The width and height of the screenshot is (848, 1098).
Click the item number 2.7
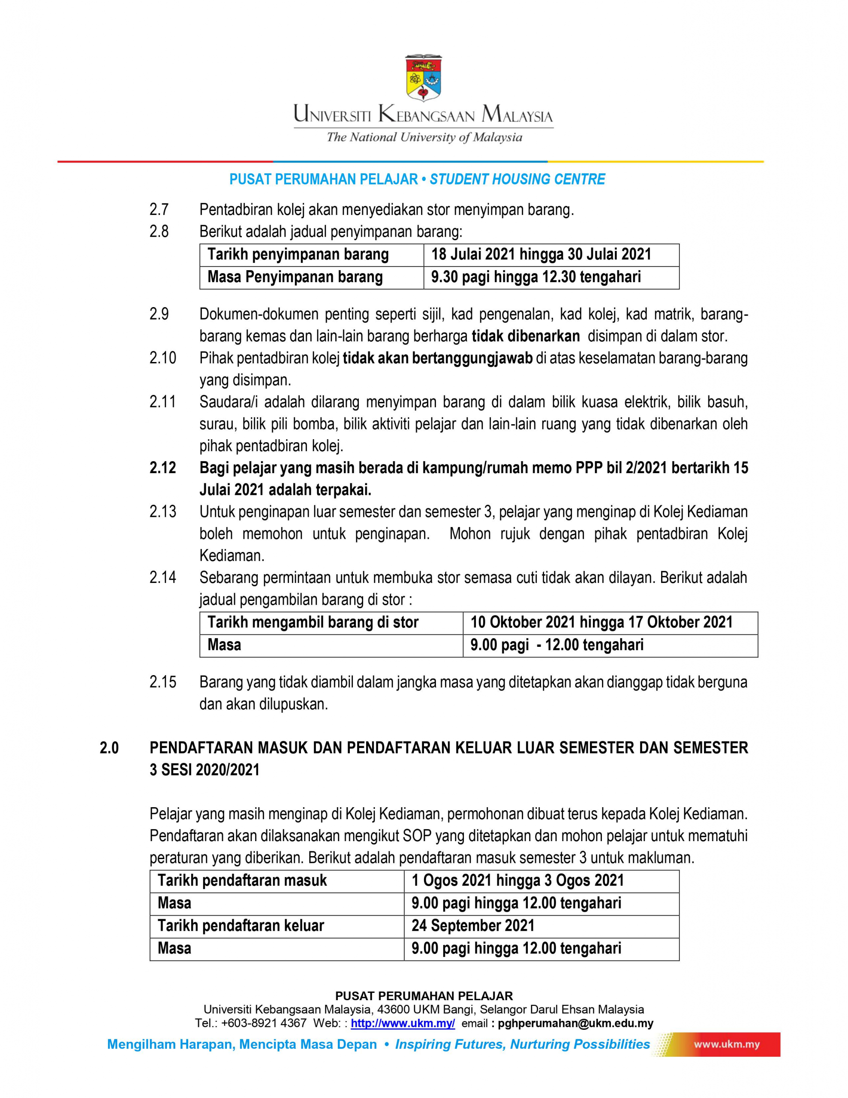(x=159, y=209)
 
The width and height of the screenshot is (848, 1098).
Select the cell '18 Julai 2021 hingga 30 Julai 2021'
(x=541, y=254)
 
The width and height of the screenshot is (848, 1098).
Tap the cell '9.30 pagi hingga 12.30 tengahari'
(x=536, y=277)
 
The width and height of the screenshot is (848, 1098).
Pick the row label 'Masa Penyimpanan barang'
(x=295, y=277)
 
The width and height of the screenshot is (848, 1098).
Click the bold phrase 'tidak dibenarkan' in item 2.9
(x=525, y=336)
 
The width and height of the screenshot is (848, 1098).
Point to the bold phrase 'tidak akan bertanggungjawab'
(x=437, y=358)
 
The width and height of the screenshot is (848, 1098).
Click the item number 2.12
(x=162, y=468)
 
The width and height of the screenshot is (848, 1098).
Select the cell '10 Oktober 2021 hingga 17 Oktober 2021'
(x=601, y=622)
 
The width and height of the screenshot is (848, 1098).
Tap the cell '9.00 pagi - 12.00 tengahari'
(x=556, y=645)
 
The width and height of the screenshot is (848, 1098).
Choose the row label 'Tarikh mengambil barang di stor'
(x=313, y=622)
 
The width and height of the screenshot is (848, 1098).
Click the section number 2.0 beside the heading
(x=109, y=748)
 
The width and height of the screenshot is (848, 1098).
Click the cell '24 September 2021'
(x=473, y=926)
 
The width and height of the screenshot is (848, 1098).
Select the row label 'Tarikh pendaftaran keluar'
(x=241, y=926)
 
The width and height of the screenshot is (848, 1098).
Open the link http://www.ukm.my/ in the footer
(x=403, y=1023)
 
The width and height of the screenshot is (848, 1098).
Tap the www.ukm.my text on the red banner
(x=726, y=1045)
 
